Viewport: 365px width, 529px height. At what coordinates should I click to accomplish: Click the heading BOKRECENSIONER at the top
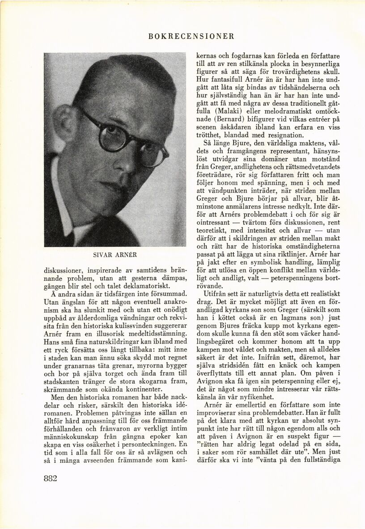coord(191,36)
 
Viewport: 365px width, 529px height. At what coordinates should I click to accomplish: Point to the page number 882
coord(51,478)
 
